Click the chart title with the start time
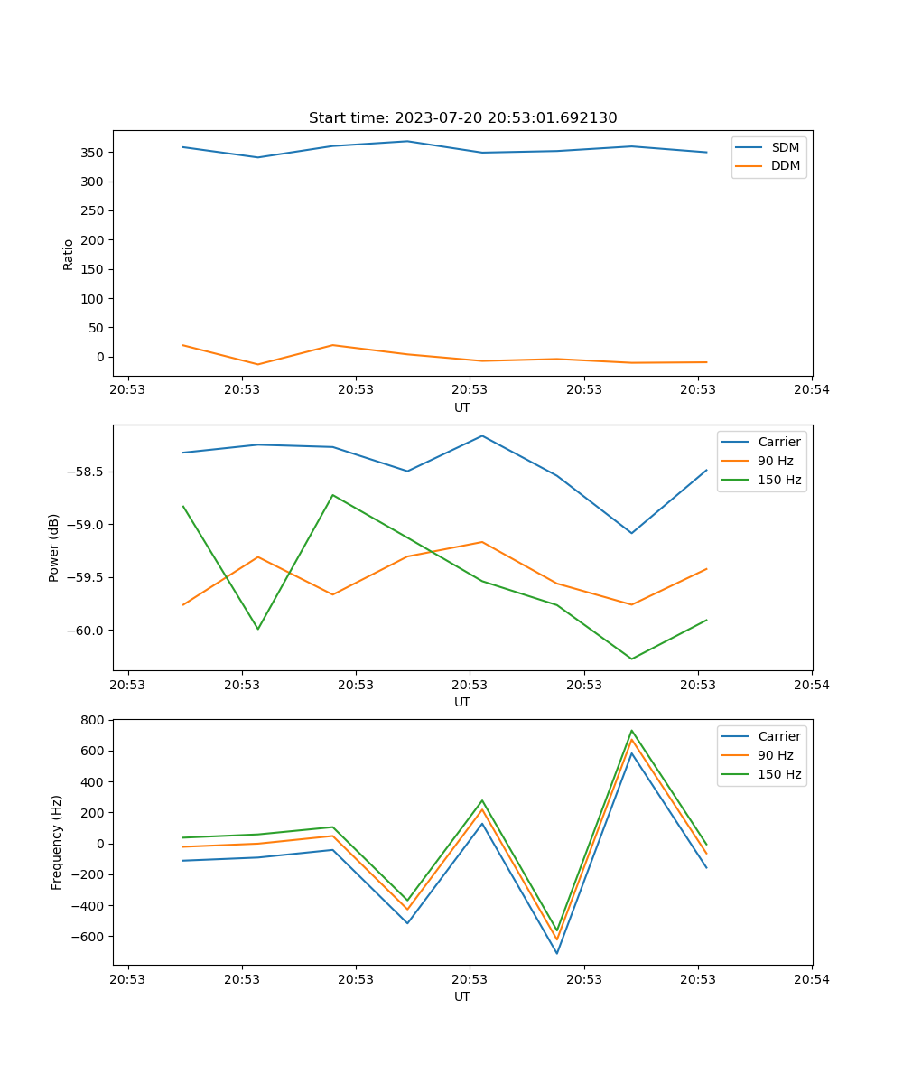pos(462,118)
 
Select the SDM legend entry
pos(785,147)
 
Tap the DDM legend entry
pos(785,165)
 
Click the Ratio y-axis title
pos(69,254)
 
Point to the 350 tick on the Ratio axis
pos(94,153)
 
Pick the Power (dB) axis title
pos(54,547)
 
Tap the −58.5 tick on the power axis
pos(87,472)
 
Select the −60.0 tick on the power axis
pos(87,631)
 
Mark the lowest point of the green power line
pos(631,659)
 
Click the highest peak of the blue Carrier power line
pos(482,435)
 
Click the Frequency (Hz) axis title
pos(57,842)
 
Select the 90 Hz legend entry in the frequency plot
pos(776,755)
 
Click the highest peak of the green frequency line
pos(631,731)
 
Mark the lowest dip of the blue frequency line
pos(557,953)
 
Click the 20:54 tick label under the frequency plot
pos(811,978)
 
